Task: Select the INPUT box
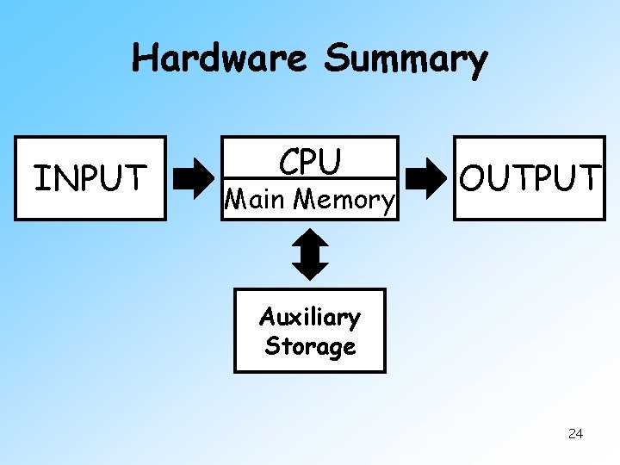(90, 178)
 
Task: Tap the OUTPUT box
(528, 178)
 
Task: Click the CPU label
(310, 162)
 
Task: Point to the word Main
(255, 200)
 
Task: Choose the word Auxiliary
(310, 318)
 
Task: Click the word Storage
(310, 346)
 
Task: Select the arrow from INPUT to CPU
(195, 178)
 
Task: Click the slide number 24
(576, 433)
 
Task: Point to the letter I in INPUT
(38, 178)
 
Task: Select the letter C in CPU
(288, 162)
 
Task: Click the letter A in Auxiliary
(268, 317)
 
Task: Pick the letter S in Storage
(273, 346)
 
